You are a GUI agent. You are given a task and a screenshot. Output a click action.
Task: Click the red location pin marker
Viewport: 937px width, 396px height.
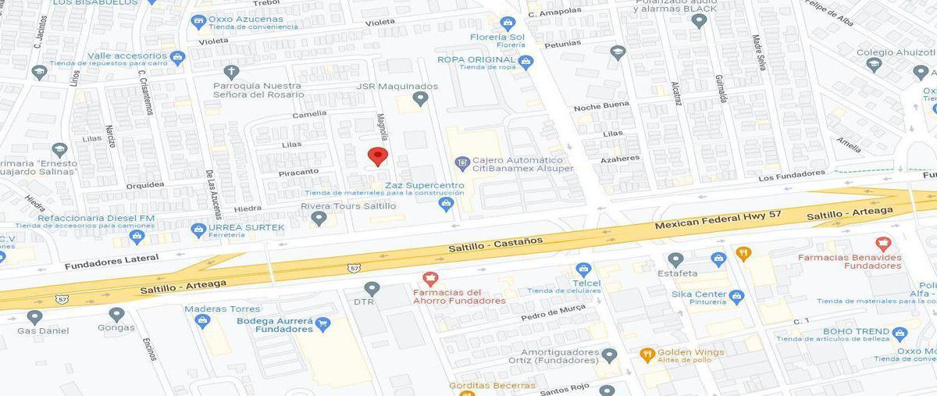pyautogui.click(x=378, y=155)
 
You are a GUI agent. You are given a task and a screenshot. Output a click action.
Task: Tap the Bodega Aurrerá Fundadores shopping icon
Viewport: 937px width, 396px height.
pyautogui.click(x=322, y=323)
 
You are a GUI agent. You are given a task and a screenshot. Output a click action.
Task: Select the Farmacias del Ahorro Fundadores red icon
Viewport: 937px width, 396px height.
pyautogui.click(x=429, y=279)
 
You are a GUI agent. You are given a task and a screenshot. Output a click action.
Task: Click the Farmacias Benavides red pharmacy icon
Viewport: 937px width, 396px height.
pyautogui.click(x=883, y=244)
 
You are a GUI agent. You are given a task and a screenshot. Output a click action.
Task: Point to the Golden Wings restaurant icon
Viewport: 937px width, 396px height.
pyautogui.click(x=647, y=354)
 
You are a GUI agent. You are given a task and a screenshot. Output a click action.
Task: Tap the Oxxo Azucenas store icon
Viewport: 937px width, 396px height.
pyautogui.click(x=198, y=21)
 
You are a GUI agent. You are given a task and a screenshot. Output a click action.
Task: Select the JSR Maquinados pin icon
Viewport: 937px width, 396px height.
pyautogui.click(x=421, y=99)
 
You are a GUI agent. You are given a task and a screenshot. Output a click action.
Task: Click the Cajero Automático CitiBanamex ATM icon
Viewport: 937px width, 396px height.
pyautogui.click(x=462, y=163)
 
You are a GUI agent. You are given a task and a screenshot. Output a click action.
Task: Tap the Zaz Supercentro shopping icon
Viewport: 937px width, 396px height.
pyautogui.click(x=446, y=204)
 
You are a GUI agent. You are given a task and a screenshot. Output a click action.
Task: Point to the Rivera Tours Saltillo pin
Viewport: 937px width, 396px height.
pyautogui.click(x=319, y=219)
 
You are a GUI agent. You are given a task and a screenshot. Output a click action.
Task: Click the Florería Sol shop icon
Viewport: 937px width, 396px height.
pyautogui.click(x=508, y=23)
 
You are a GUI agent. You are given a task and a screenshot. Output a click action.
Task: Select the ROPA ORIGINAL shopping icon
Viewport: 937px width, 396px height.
pyautogui.click(x=526, y=61)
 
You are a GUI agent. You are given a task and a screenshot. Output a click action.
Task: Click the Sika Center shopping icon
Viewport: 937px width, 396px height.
pyautogui.click(x=736, y=296)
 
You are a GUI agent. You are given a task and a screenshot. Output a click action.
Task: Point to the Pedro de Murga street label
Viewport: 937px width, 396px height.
pyautogui.click(x=552, y=314)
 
